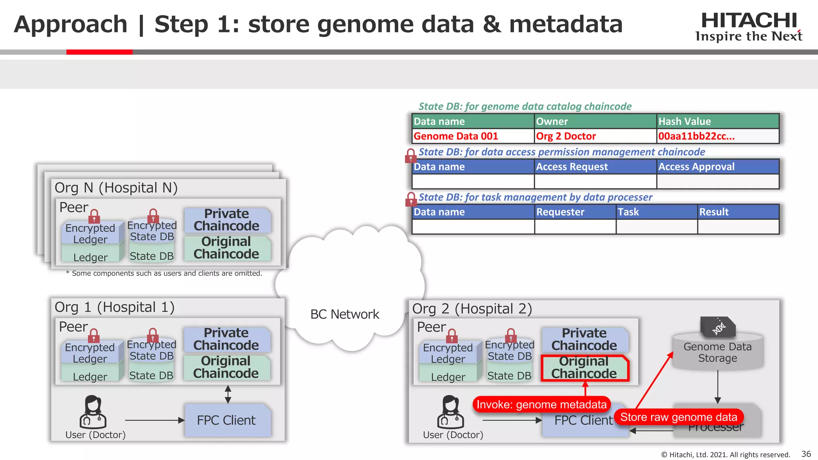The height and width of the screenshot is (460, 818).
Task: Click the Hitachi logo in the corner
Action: point(749,26)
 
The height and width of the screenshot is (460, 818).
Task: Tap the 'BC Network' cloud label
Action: point(345,314)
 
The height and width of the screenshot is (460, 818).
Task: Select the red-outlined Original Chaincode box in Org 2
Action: point(584,368)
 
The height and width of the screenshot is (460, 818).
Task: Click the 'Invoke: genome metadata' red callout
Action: point(542,404)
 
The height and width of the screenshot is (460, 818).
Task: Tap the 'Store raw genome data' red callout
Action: point(679,417)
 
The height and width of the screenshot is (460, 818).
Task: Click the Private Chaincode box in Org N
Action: point(227,220)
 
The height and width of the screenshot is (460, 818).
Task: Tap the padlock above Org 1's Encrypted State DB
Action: point(153,335)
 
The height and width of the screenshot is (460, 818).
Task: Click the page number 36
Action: point(806,454)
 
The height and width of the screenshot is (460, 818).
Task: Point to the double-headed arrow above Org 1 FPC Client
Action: point(228,394)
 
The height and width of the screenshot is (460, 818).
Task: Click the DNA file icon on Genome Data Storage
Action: point(718,326)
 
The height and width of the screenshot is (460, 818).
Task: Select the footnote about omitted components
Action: point(164,274)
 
